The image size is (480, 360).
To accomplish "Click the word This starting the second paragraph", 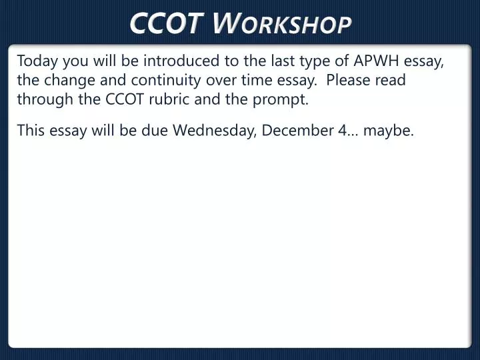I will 31,130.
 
